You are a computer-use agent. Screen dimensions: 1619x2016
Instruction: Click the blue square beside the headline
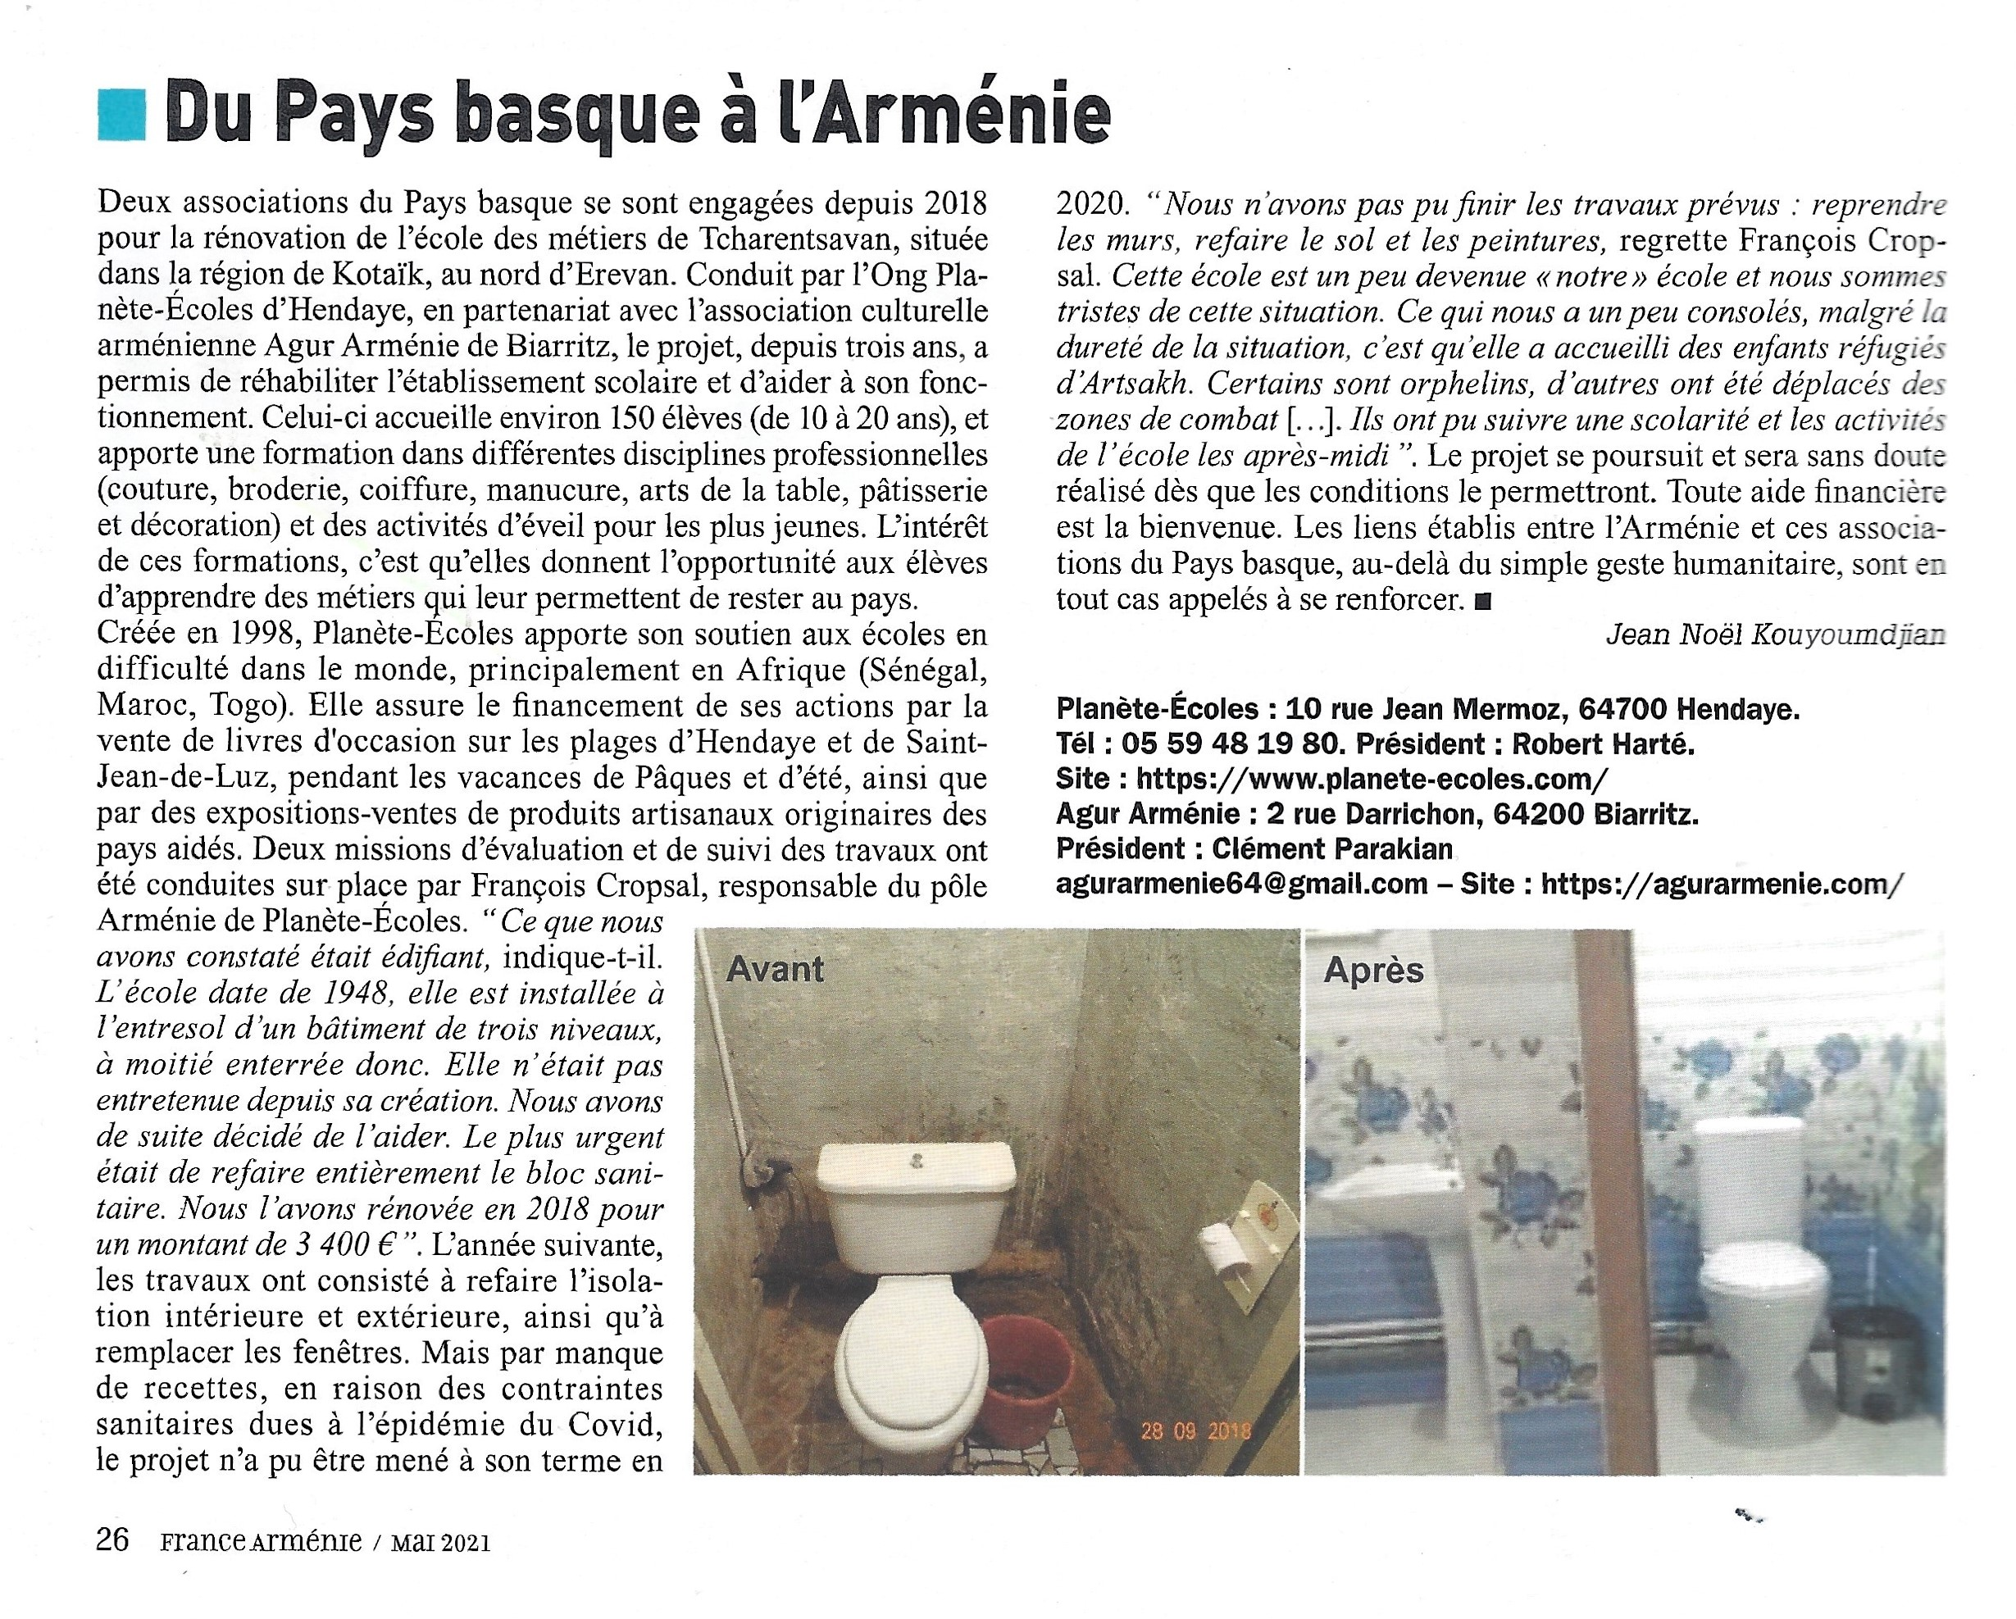[x=121, y=115]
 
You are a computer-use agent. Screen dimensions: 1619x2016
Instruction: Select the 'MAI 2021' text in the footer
[x=440, y=1542]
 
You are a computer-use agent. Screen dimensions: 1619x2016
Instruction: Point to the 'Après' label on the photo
[x=1373, y=971]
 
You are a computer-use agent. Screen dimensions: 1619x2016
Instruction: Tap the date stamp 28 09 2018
[x=1195, y=1430]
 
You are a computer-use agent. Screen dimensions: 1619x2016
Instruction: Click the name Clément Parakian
[x=1332, y=848]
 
